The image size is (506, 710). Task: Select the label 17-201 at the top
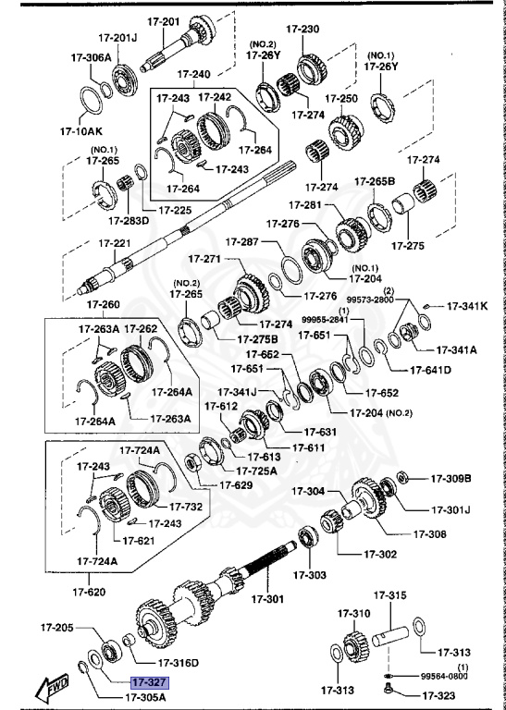pos(164,20)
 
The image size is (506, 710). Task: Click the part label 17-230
pos(304,30)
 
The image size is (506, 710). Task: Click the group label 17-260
pos(104,305)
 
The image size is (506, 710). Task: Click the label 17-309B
pos(450,478)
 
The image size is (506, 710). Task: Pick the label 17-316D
pos(179,662)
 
